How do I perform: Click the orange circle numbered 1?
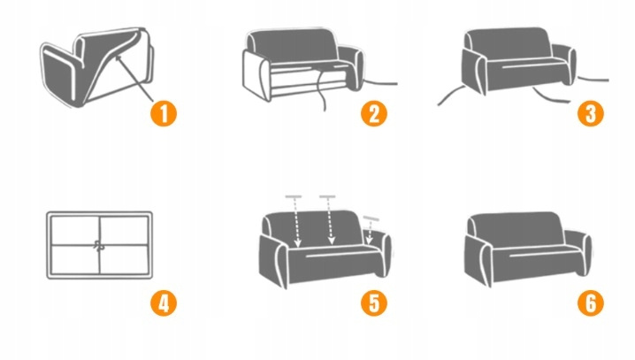point(164,113)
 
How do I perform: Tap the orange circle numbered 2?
point(374,113)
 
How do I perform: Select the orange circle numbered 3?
point(591,113)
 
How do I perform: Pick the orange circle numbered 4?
point(164,303)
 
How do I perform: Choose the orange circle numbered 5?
point(374,303)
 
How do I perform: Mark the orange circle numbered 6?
point(591,303)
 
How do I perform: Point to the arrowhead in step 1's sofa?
point(119,59)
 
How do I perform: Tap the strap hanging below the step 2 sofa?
point(320,90)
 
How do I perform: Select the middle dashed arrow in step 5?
point(330,221)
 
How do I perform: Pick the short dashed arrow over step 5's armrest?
point(370,232)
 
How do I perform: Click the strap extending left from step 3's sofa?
point(451,96)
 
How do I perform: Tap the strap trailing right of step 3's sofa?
point(593,80)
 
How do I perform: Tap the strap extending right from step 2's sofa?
point(380,83)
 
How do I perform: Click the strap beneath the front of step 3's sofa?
point(551,96)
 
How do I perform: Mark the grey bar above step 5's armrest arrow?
point(371,218)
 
